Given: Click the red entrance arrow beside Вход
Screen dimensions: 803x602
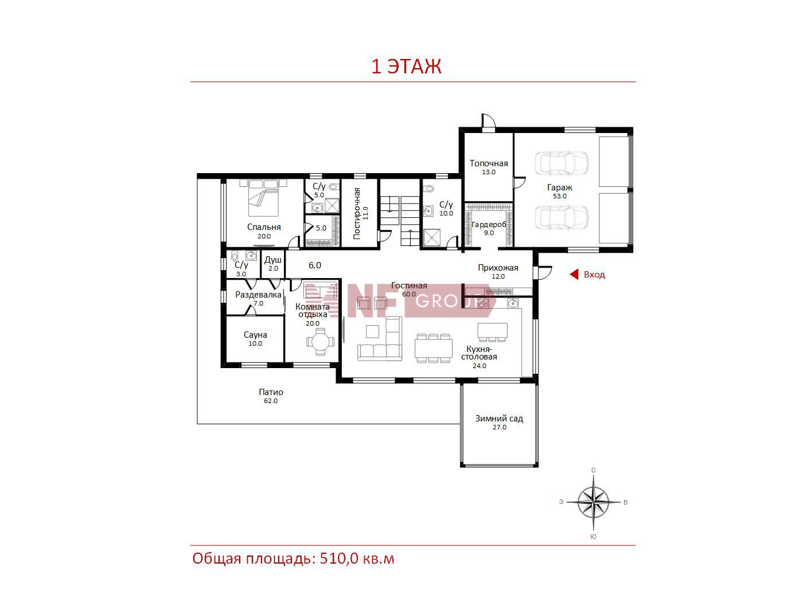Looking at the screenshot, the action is (574, 274).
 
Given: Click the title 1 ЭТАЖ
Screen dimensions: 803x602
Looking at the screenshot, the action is (406, 67).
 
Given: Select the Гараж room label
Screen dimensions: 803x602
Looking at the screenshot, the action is (559, 187).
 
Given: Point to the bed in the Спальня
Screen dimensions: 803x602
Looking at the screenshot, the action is (263, 198).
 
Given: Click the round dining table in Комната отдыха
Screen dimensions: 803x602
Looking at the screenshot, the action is (321, 342).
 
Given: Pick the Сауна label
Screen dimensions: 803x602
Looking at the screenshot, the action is (255, 334).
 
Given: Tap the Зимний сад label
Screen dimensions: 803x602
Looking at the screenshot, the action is (499, 418).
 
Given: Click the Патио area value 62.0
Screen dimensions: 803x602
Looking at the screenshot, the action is (271, 401).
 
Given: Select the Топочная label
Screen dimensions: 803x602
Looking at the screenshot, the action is (489, 163).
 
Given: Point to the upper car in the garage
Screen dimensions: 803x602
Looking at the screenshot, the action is (562, 163).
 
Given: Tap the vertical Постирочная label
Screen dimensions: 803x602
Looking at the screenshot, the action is (357, 213).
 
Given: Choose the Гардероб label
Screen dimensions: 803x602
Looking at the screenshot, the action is (489, 224).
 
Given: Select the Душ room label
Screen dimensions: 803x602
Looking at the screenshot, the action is (273, 260).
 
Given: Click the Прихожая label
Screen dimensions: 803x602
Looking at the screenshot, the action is (498, 268).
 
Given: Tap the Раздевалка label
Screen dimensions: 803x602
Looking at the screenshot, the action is (258, 295).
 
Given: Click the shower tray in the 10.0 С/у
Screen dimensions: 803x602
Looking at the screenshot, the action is (432, 238).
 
